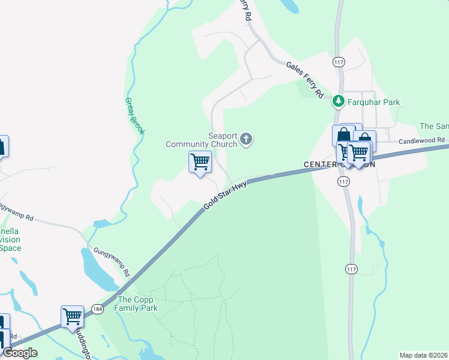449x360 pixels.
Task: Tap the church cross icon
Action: click(x=246, y=140)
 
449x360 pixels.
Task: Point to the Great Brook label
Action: click(x=134, y=116)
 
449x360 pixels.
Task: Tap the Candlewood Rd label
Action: click(x=422, y=140)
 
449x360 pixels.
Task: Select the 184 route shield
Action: click(x=98, y=309)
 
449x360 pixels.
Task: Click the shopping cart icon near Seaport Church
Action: click(x=199, y=161)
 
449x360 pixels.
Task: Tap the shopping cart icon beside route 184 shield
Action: click(x=72, y=316)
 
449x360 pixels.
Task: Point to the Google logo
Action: click(x=20, y=353)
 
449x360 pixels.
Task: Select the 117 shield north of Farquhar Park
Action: click(x=339, y=62)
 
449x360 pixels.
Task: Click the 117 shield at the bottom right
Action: click(x=352, y=269)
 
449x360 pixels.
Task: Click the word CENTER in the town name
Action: click(x=322, y=164)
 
